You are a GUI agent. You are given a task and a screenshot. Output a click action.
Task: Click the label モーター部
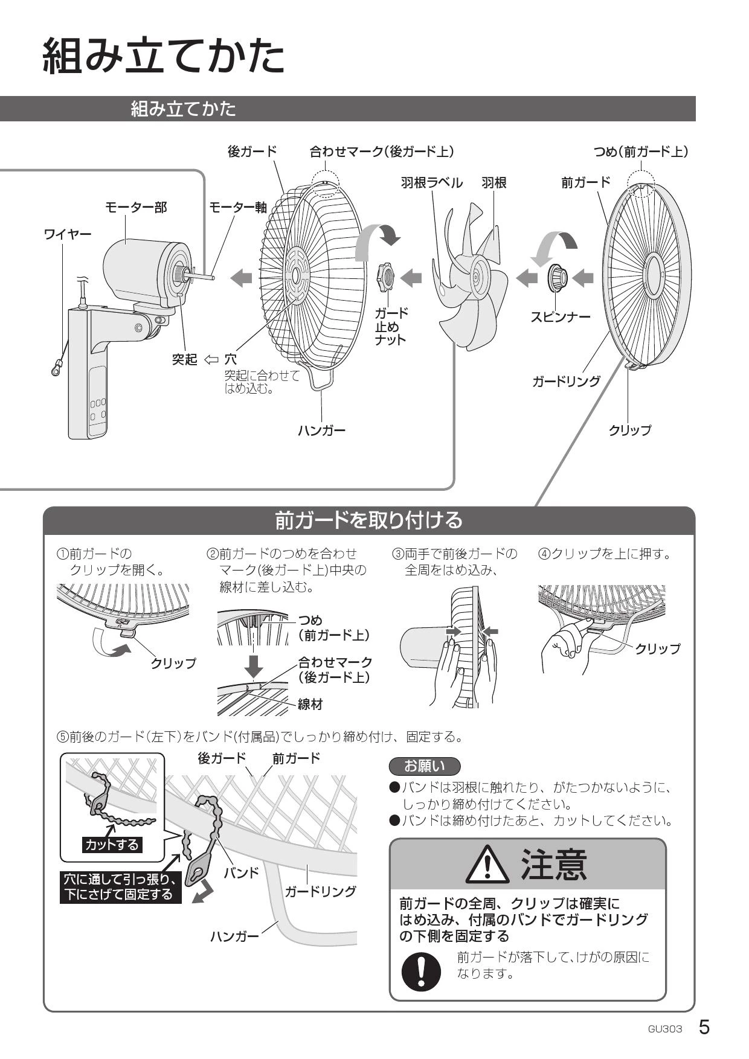pyautogui.click(x=136, y=207)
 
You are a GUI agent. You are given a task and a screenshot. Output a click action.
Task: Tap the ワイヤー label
pyautogui.click(x=68, y=234)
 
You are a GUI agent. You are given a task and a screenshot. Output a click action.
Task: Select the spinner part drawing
pyautogui.click(x=557, y=277)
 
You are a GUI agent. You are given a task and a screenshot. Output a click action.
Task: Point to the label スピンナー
pyautogui.click(x=560, y=316)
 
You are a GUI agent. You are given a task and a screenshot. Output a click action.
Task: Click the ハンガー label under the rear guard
pyautogui.click(x=321, y=430)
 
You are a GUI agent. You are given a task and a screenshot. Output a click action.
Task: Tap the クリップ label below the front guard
pyautogui.click(x=629, y=430)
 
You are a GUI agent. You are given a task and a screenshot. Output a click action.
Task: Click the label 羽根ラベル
pyautogui.click(x=432, y=182)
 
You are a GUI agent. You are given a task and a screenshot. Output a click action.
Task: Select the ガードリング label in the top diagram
pyautogui.click(x=566, y=381)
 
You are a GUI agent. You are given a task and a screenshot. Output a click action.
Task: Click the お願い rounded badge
pyautogui.click(x=425, y=766)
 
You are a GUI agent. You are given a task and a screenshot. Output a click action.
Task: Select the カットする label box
pyautogui.click(x=112, y=844)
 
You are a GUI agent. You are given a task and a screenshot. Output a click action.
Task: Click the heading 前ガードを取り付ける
pyautogui.click(x=368, y=520)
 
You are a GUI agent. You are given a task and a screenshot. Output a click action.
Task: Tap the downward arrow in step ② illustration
pyautogui.click(x=255, y=663)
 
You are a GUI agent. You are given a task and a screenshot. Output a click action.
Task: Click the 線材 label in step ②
pyautogui.click(x=310, y=704)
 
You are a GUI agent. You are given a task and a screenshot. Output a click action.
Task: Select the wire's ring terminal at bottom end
pyautogui.click(x=56, y=368)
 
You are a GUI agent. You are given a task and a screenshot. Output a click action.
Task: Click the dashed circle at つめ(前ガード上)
pyautogui.click(x=641, y=183)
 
